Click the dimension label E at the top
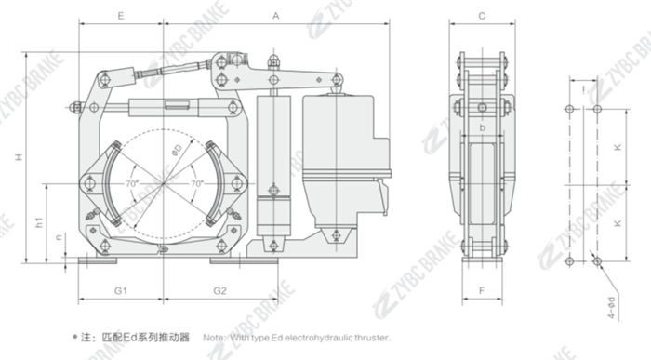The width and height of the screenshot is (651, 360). coord(121,17)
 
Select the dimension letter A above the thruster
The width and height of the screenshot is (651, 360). coord(277,17)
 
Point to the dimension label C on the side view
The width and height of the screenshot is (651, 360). coord(482,17)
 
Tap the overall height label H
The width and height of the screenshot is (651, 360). coord(18,159)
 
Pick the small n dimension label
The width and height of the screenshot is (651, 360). coord(60,238)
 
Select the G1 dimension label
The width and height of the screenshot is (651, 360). coord(121,291)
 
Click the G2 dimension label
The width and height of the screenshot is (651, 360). coord(219,291)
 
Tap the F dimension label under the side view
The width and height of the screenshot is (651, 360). coord(481,291)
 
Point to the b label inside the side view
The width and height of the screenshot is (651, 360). coord(482,127)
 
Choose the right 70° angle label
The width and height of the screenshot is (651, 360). coord(196,184)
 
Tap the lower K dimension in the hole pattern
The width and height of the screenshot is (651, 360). coord(618,224)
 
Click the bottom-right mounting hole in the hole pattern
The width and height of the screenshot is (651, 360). coord(596,262)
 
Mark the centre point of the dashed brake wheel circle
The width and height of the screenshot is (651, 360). coord(165,185)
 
